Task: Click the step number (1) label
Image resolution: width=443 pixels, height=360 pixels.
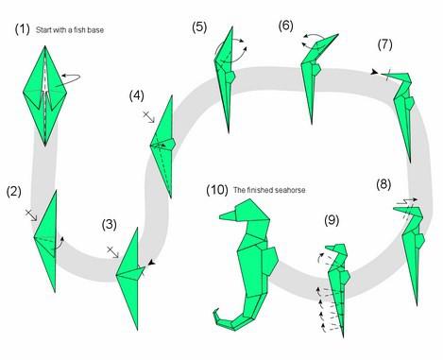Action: point(23,29)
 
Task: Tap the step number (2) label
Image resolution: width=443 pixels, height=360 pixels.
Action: point(14,192)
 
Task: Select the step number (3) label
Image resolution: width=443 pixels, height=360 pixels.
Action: point(110,225)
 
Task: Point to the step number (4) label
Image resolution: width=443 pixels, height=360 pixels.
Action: point(137,95)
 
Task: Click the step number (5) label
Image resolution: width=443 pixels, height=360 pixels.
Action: point(199,26)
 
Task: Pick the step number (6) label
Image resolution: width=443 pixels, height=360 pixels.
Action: point(286,26)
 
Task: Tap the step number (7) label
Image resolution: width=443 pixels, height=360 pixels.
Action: point(385,44)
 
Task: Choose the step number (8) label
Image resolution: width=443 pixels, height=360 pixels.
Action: point(383,184)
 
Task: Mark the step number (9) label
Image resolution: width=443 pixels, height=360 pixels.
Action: point(332,220)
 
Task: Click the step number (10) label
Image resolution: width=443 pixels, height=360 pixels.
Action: point(217,190)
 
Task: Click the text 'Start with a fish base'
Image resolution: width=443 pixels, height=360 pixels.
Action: point(70,30)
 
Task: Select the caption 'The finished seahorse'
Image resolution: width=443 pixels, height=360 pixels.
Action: point(269,190)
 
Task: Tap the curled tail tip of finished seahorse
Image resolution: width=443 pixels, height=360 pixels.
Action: point(216,312)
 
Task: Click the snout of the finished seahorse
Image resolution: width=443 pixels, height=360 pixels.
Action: point(228,215)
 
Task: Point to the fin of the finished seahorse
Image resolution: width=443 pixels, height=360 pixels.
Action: point(270,261)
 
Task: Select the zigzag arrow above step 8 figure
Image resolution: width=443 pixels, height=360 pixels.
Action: point(405,201)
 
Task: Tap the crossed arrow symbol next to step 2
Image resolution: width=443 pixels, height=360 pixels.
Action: point(31,214)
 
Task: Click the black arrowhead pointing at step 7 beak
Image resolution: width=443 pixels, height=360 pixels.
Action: point(374,73)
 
